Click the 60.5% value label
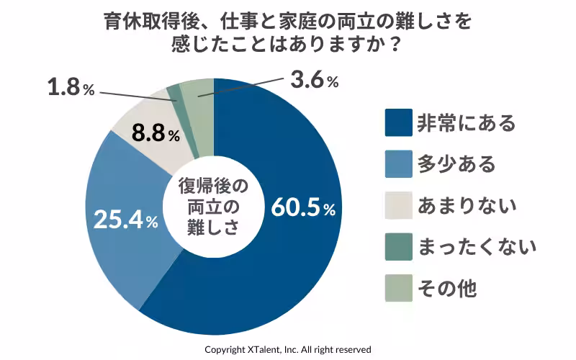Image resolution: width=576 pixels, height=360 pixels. pos(303,208)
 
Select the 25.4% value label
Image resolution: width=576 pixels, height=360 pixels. pos(126,220)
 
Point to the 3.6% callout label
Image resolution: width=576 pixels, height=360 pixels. pos(314,81)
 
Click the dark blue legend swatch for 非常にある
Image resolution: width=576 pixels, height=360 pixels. pos(399,123)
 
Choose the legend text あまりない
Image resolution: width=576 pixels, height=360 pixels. pos(467,206)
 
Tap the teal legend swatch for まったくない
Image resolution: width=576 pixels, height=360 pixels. pos(399,247)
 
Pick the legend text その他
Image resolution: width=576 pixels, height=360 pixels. pos(447,289)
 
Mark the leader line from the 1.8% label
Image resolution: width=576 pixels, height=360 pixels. pos(137,95)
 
